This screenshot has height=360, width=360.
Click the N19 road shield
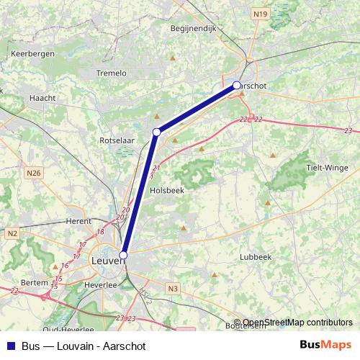tap(260, 14)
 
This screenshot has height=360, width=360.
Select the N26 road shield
tap(34, 173)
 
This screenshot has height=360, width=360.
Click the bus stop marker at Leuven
tap(123, 255)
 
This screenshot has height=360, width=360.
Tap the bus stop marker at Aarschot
tap(236, 86)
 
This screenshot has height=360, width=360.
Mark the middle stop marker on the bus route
tap(156, 132)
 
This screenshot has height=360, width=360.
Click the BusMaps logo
tap(325, 346)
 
